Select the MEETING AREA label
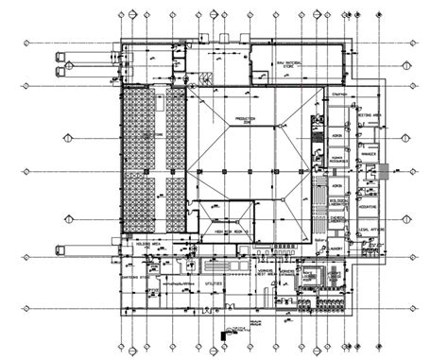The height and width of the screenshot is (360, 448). click(369, 115)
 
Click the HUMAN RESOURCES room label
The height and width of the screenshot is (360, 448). click(338, 161)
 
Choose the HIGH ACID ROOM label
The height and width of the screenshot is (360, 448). click(232, 231)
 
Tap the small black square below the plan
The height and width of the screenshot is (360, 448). click(224, 334)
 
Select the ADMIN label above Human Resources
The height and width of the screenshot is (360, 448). click(337, 135)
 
